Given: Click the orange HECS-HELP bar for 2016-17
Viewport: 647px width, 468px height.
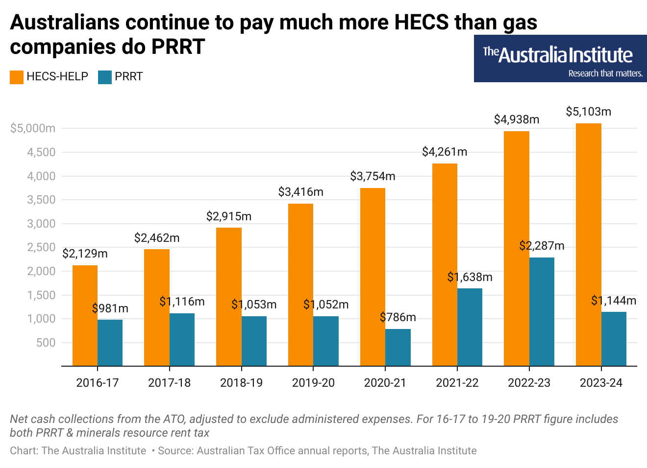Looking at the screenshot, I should [85, 316].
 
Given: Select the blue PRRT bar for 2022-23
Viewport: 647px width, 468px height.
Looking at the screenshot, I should [542, 312].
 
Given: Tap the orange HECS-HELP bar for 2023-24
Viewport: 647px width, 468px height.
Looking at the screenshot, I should [588, 245].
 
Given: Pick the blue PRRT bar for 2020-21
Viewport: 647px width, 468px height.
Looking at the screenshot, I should [398, 348].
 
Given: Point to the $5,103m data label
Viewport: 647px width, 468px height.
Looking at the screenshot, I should [588, 112].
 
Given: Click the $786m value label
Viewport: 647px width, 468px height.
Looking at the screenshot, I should [398, 317].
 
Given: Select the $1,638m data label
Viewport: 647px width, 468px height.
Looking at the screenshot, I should [470, 277].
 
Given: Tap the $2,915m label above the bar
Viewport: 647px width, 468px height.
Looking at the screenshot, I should [228, 216].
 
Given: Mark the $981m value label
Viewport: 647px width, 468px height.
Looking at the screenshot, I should [110, 308].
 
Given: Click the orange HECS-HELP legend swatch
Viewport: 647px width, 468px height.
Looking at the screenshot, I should [17, 77].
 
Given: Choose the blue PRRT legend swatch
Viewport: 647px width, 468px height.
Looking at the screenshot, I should [105, 77].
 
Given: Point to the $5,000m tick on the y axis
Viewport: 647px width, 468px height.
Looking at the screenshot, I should [33, 128].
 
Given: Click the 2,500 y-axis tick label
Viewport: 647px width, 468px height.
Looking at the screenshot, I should [41, 247].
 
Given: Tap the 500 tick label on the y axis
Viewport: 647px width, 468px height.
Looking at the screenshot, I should [46, 343].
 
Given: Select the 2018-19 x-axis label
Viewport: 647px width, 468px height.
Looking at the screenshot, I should [241, 383].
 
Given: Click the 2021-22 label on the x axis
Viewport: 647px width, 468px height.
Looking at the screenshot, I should [457, 383].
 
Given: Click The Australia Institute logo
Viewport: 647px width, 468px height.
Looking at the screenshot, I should [560, 58].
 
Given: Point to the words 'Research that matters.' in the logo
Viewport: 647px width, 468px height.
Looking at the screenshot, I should [605, 73].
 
